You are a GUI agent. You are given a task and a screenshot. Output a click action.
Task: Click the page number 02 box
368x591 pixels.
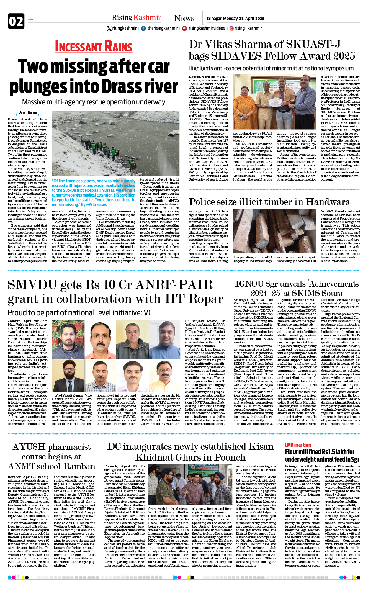coord(16,21)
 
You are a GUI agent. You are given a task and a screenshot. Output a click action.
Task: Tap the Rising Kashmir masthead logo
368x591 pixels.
coord(136,18)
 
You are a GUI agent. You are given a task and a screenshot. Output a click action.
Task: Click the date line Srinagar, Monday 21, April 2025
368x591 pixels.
coord(235,19)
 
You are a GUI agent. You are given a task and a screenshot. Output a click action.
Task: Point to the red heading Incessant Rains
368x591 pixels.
coord(94,47)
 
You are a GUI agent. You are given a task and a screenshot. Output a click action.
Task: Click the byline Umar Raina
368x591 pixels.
coord(27,112)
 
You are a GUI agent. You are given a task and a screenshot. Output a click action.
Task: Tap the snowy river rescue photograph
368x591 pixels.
coord(115,143)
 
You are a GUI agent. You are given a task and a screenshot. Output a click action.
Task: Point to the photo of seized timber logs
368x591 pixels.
coord(276,231)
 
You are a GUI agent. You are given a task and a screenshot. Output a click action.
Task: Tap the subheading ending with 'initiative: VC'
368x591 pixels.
coord(80,313)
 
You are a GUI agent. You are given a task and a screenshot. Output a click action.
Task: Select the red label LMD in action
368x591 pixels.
coord(298,445)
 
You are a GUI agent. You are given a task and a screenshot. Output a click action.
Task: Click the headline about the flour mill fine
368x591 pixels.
coord(322,456)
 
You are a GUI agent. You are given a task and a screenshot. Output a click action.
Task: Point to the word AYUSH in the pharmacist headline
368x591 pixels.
coord(29,447)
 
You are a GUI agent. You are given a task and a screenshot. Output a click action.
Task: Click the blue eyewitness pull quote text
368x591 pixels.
coord(94,193)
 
